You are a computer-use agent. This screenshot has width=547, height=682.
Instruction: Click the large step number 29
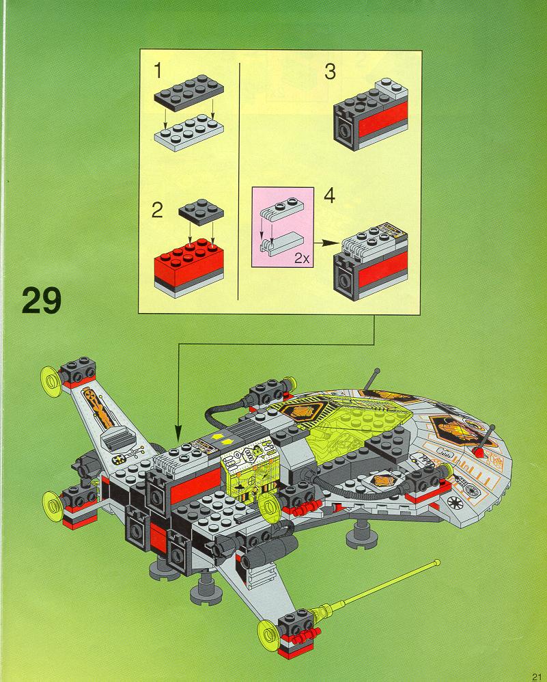[42, 301]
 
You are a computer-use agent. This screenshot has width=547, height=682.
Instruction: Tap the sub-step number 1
[158, 70]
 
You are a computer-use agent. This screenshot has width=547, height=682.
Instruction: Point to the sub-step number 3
[330, 71]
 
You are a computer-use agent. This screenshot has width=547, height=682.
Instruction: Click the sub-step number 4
[330, 197]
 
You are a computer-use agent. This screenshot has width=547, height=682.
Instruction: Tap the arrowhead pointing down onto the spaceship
[178, 438]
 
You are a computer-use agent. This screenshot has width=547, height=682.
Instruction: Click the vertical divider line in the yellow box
[238, 181]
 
